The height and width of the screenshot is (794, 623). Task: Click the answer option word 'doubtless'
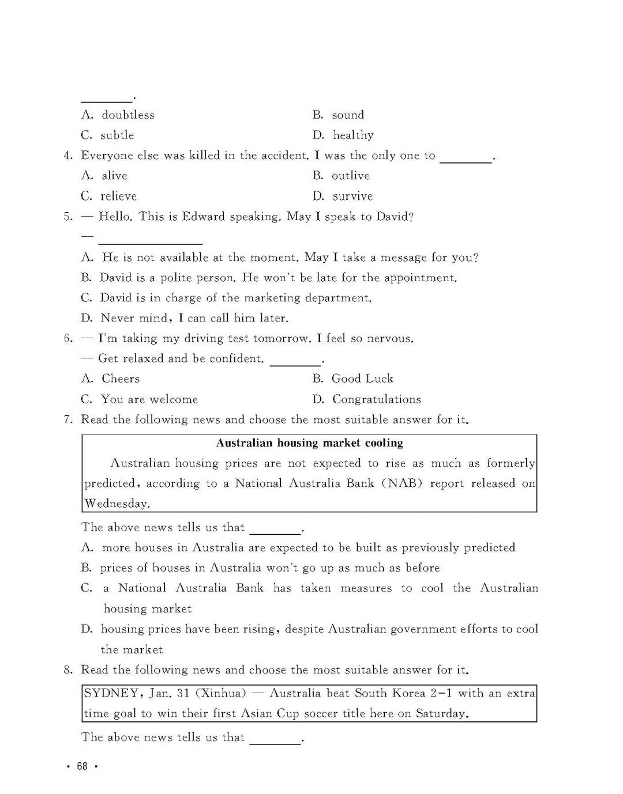pyautogui.click(x=128, y=115)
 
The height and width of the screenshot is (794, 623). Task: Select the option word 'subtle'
pyautogui.click(x=117, y=135)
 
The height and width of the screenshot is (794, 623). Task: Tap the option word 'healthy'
pyautogui.click(x=353, y=135)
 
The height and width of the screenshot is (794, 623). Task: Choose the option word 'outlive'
pyautogui.click(x=351, y=175)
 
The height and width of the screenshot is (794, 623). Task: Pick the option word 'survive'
pyautogui.click(x=352, y=196)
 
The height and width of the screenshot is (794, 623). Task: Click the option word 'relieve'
pyautogui.click(x=119, y=196)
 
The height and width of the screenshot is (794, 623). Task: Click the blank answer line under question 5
pyautogui.click(x=151, y=242)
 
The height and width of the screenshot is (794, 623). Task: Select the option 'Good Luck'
pyautogui.click(x=362, y=379)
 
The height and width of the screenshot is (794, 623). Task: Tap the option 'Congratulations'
pyautogui.click(x=377, y=399)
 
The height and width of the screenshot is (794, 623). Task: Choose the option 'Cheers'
pyautogui.click(x=121, y=379)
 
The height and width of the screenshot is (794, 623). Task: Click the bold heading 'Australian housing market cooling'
pyautogui.click(x=309, y=443)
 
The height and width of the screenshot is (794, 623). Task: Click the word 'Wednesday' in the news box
pyautogui.click(x=117, y=504)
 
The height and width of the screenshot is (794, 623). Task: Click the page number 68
pyautogui.click(x=82, y=766)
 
